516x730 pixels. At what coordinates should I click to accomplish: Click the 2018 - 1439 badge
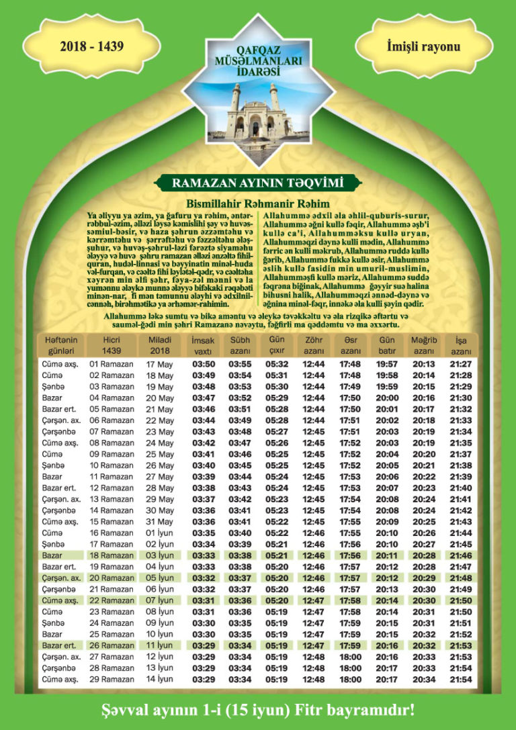93,46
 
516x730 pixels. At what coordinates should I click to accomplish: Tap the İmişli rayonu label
424,46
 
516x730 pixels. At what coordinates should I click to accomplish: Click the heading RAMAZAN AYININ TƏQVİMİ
258,183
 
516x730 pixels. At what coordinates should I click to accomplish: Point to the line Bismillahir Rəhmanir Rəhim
258,203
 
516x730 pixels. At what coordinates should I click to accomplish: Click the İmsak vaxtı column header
203,346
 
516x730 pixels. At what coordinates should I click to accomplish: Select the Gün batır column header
387,346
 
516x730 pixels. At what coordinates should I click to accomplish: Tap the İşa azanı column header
461,346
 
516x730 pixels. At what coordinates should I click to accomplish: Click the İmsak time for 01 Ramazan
203,364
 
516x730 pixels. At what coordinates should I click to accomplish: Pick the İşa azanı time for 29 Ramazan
461,680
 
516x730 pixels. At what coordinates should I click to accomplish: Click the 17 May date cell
159,364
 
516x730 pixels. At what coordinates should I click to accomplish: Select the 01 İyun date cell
159,533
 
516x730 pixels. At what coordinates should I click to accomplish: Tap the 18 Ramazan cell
112,555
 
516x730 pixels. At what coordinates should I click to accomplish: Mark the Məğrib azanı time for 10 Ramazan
423,465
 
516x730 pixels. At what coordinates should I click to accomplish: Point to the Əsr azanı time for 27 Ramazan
350,657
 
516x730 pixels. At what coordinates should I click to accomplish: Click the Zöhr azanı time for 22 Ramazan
314,600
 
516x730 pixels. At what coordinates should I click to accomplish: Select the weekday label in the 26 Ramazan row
60,645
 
